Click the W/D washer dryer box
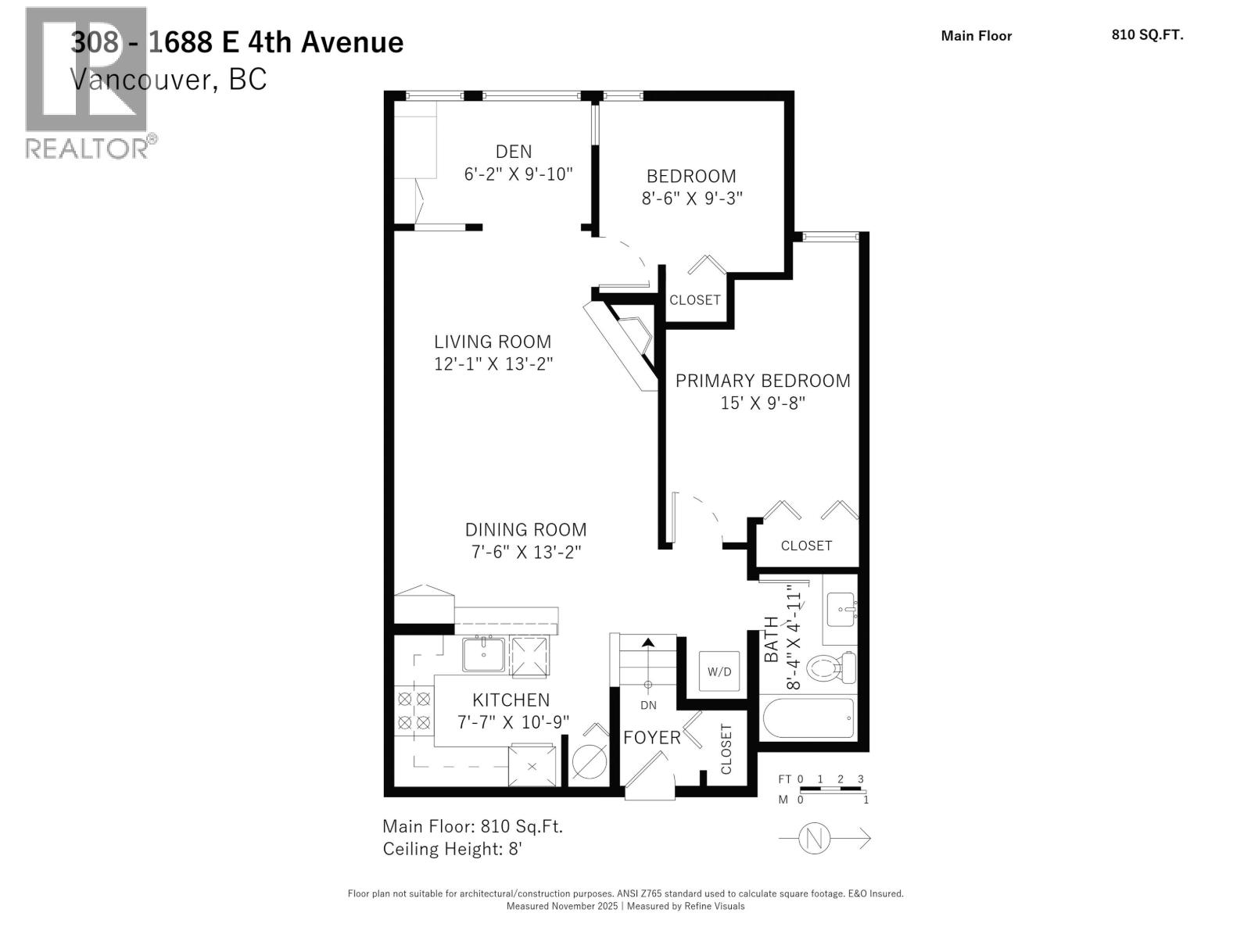[719, 671]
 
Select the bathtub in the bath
[808, 718]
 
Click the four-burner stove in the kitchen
[414, 711]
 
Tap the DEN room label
[514, 152]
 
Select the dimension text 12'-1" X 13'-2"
[493, 364]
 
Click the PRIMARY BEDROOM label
[762, 381]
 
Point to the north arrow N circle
[814, 839]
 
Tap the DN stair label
[648, 705]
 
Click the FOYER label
[651, 738]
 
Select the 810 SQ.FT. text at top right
[1147, 35]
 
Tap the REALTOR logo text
[90, 148]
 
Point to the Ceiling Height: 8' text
[452, 849]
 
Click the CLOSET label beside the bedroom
[694, 300]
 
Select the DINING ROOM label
[525, 530]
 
